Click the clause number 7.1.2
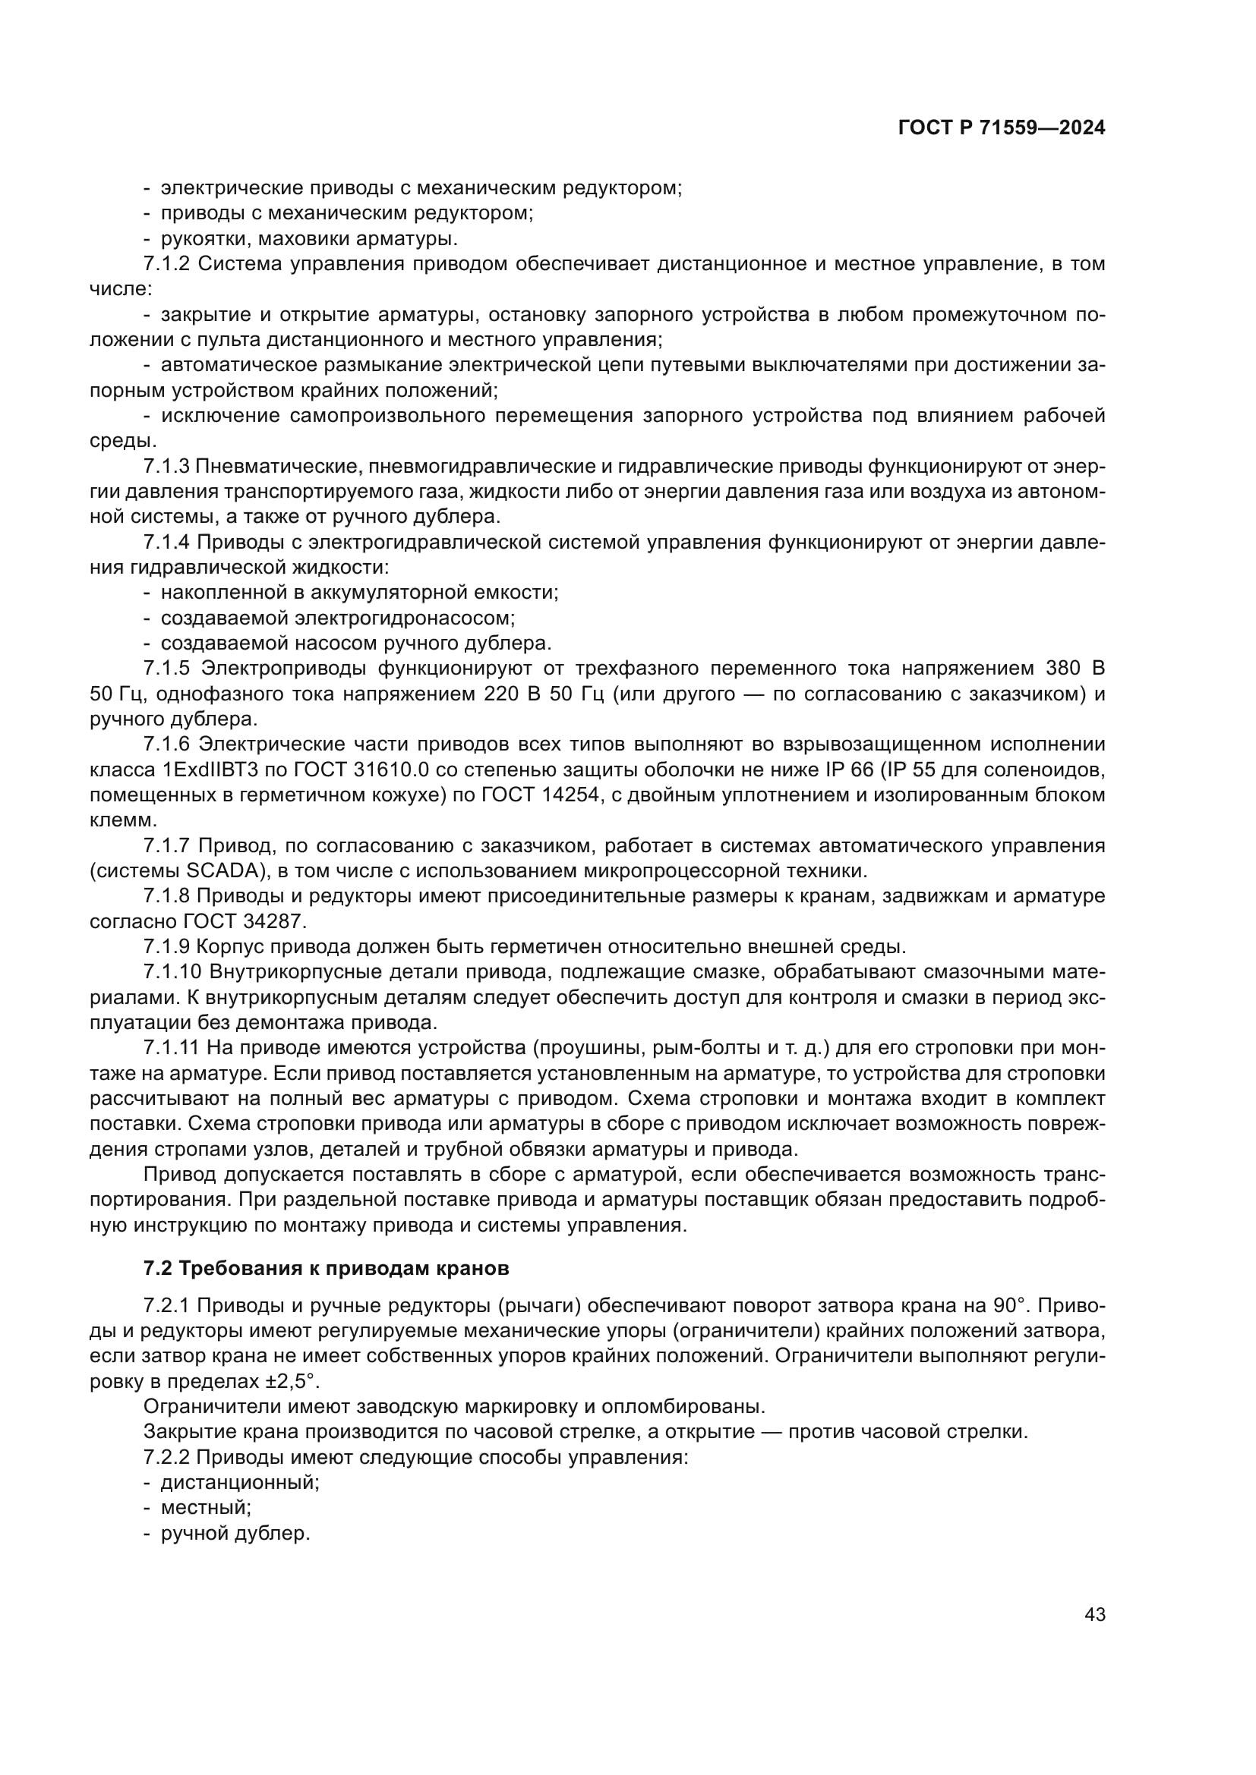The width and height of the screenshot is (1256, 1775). coord(166,263)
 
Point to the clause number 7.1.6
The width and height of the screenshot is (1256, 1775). coord(166,744)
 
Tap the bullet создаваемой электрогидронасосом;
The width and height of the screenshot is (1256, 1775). coord(338,618)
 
